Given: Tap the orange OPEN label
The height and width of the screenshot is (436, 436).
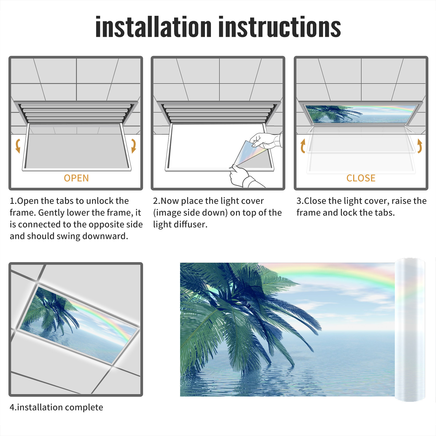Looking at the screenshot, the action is (76, 178).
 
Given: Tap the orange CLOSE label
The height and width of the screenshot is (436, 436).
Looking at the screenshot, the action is (361, 178).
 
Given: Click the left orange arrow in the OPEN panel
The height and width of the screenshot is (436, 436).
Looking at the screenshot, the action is (18, 146).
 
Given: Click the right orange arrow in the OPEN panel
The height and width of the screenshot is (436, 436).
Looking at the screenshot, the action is (134, 146).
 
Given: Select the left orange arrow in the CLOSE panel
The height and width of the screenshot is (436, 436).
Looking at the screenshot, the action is (303, 146).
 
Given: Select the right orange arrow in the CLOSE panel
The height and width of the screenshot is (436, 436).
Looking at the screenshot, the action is (420, 146).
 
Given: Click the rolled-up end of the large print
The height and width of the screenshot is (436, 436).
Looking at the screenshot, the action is (410, 330).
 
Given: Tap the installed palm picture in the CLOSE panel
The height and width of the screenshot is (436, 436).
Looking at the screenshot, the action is (361, 114).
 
